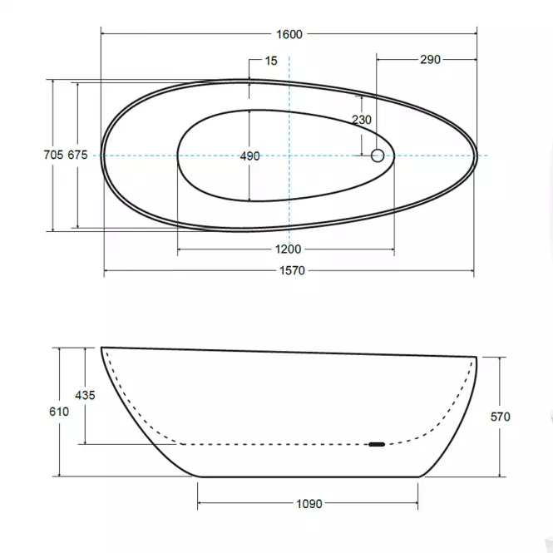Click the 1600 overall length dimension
tap(289, 34)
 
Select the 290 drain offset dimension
tap(430, 59)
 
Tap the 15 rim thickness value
tap(271, 61)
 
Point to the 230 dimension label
tap(362, 120)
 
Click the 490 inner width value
tap(249, 156)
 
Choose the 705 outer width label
tap(53, 155)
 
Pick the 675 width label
tap(77, 155)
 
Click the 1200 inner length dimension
tap(288, 249)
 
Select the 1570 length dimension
tap(292, 270)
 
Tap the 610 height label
tap(59, 412)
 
